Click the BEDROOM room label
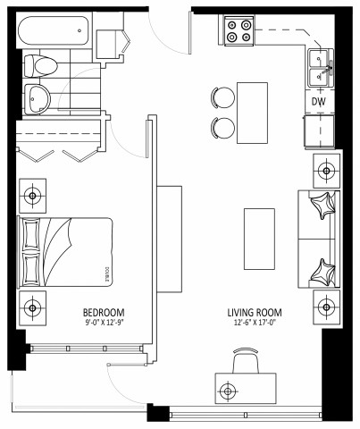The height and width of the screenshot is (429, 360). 106,312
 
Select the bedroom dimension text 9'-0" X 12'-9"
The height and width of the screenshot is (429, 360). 106,323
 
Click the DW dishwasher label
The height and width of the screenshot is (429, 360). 318,102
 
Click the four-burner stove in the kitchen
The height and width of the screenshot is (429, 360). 239,31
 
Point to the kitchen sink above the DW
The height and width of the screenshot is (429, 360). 320,68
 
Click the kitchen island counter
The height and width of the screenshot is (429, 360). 253,111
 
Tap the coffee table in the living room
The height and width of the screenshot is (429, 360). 259,237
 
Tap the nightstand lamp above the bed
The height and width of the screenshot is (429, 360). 33,194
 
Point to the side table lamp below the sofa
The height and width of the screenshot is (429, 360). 327,308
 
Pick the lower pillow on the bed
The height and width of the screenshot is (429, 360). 32,266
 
